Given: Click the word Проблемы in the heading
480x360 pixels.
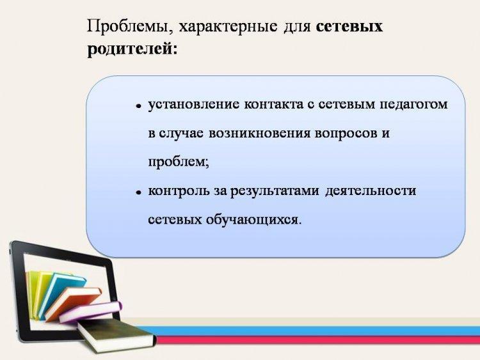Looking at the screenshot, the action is [129, 26].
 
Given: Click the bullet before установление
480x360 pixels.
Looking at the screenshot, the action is [139, 106].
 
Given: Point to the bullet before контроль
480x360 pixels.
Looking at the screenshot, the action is [139, 192].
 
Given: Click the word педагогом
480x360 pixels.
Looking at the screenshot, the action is [413, 106].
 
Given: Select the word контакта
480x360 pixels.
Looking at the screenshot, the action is [273, 105].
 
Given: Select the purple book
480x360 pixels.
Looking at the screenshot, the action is [91, 311].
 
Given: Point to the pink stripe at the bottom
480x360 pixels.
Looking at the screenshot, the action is [318, 340].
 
